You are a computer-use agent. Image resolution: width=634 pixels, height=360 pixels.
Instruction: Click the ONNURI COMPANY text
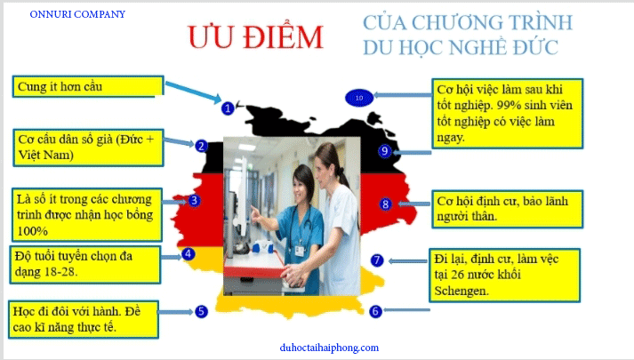(77, 14)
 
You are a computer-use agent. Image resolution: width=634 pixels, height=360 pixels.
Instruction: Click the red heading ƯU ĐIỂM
(255, 36)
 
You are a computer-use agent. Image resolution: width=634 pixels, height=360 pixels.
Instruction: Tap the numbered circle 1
(228, 108)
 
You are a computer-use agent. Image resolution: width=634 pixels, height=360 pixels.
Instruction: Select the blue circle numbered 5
(201, 311)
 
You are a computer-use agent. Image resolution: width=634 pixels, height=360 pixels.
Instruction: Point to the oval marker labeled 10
(359, 98)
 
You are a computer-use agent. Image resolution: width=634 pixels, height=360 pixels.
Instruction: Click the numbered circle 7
(377, 260)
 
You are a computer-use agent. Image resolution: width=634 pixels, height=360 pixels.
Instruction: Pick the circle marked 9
(384, 151)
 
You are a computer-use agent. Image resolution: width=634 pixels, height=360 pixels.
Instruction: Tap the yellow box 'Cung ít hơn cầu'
(88, 86)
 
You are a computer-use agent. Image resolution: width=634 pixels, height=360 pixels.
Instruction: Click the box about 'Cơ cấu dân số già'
(88, 148)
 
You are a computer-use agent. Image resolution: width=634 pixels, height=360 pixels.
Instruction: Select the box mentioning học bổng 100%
(86, 214)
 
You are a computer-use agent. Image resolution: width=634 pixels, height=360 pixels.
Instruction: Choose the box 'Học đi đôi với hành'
(84, 320)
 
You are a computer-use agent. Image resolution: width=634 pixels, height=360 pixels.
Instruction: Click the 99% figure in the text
(509, 105)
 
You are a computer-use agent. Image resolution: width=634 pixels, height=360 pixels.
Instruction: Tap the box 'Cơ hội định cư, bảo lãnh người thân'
(508, 209)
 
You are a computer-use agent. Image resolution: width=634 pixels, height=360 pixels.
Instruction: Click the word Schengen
(461, 291)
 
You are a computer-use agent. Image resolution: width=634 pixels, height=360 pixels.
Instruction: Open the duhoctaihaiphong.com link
(329, 348)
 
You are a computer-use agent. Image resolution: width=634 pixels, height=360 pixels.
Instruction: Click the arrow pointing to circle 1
(194, 92)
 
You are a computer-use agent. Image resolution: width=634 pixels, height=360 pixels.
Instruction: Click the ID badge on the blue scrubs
(299, 251)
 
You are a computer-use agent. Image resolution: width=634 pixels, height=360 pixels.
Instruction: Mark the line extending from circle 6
(406, 310)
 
